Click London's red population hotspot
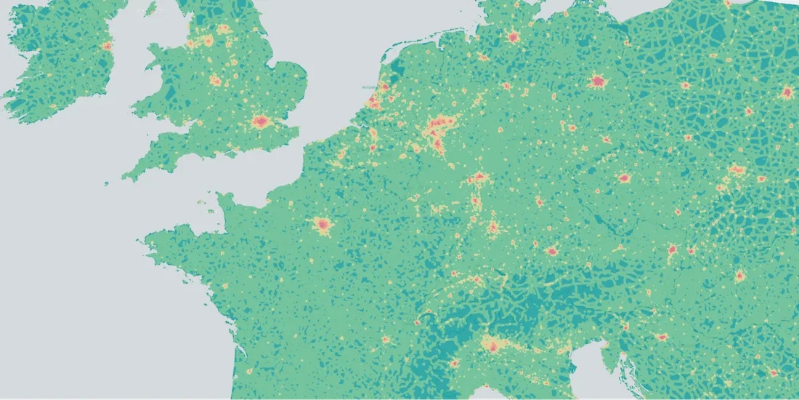261,122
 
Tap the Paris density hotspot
322,225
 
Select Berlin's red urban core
598,81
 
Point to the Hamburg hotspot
513,36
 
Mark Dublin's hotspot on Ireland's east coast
108,46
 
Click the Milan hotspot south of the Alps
493,345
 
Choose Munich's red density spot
551,252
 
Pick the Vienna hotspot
673,249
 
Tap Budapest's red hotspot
739,276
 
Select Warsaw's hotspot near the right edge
787,92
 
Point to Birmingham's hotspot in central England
215,81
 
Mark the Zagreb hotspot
662,337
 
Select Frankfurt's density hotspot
479,177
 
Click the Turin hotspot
454,364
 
